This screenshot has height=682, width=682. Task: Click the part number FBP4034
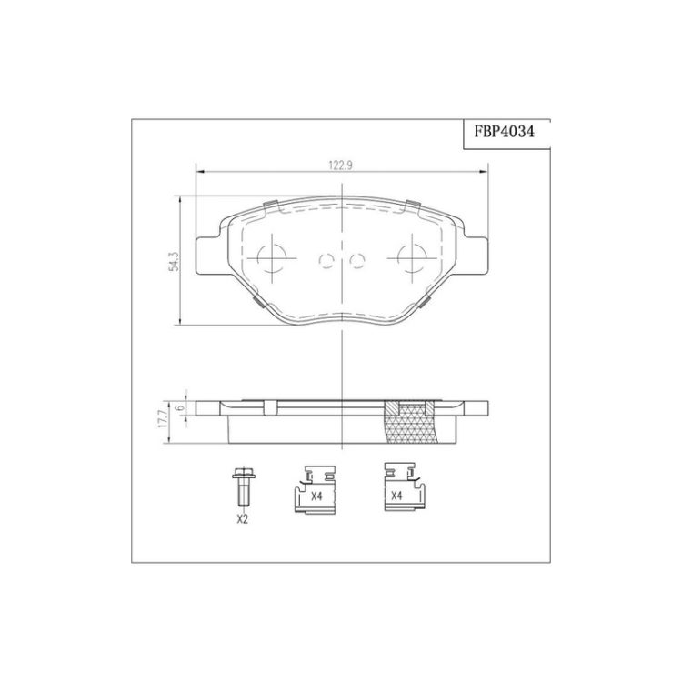click(x=504, y=132)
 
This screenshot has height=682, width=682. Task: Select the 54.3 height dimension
click(x=175, y=261)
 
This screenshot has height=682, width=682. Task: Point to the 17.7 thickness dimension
click(x=164, y=419)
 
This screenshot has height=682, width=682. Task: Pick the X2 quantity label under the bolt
click(x=242, y=519)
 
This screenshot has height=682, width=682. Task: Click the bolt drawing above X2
click(x=244, y=486)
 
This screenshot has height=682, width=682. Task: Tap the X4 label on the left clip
click(x=316, y=496)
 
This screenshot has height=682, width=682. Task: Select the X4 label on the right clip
click(x=396, y=496)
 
